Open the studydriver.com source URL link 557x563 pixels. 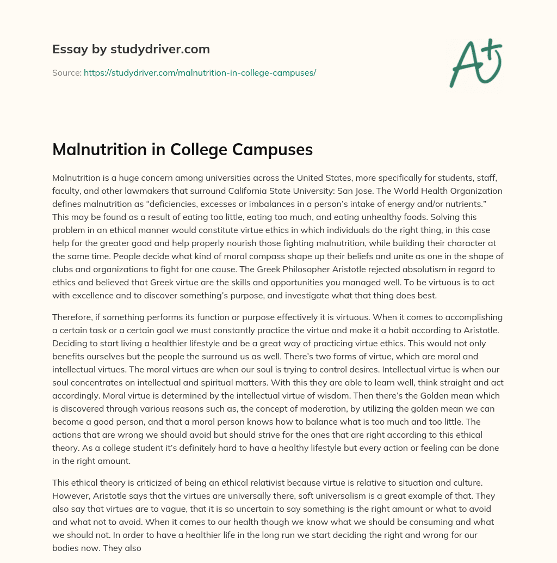(200, 72)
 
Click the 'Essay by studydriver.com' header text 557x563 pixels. (131, 49)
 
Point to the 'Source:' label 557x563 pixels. (66, 72)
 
